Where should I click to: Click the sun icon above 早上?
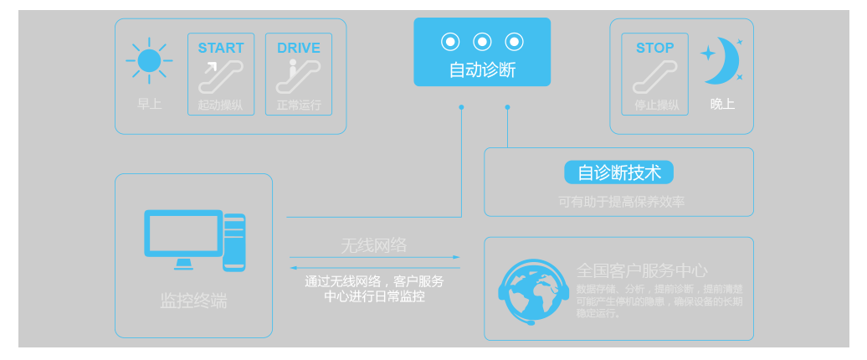(149, 61)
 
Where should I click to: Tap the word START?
(221, 49)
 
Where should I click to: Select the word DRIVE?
(299, 49)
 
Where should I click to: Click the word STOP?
(654, 49)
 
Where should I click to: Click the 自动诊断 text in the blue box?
(482, 69)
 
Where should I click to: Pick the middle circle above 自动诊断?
(482, 41)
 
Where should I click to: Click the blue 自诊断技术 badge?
(619, 172)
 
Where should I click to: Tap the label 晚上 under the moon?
(722, 105)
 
